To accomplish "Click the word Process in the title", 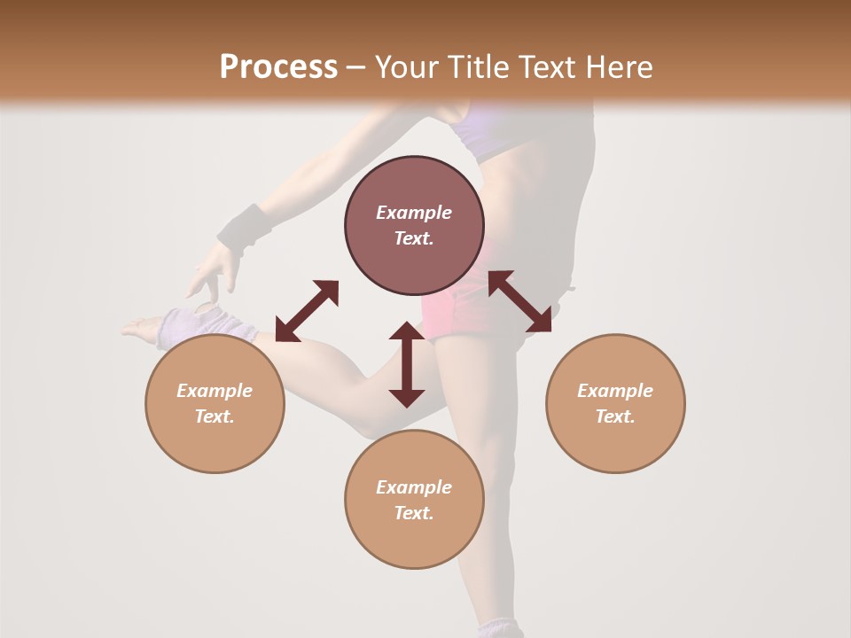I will pyautogui.click(x=278, y=66).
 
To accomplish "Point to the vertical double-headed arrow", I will pyautogui.click(x=407, y=364).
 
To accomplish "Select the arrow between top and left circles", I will pyautogui.click(x=307, y=311).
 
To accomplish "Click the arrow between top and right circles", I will pyautogui.click(x=519, y=302).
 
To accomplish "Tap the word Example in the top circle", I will pyautogui.click(x=414, y=213).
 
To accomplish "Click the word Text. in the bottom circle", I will pyautogui.click(x=414, y=513).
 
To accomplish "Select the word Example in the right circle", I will pyautogui.click(x=615, y=391).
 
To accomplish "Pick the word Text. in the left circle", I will pyautogui.click(x=215, y=416).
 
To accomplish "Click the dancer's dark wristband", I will pyautogui.click(x=245, y=227).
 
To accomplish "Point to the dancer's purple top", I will pyautogui.click(x=496, y=133).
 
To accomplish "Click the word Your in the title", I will pyautogui.click(x=406, y=66).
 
